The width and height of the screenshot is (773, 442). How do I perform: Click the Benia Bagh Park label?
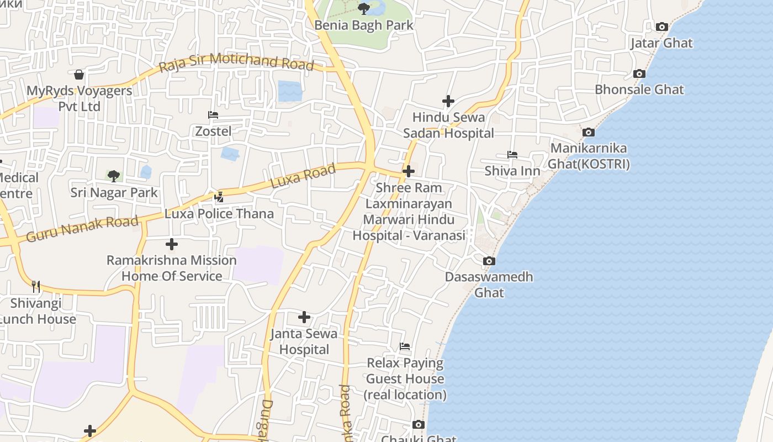click(x=364, y=25)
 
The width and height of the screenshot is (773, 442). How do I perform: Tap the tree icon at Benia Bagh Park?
click(x=364, y=8)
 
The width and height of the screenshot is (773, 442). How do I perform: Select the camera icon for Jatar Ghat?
click(x=661, y=27)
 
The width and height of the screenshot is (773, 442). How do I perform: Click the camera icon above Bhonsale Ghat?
click(x=639, y=73)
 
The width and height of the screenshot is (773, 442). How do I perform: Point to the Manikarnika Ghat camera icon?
click(x=589, y=132)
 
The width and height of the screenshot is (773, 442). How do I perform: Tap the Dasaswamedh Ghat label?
click(x=489, y=284)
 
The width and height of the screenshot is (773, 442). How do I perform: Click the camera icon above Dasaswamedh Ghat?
click(x=489, y=261)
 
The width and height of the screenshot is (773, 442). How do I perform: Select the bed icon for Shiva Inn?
click(x=512, y=155)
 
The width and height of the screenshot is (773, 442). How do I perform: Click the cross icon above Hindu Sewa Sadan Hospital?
click(x=448, y=101)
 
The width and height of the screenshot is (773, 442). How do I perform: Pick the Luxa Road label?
click(x=303, y=176)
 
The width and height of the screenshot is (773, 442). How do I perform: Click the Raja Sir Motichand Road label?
click(x=236, y=62)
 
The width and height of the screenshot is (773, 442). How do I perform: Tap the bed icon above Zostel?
click(x=213, y=115)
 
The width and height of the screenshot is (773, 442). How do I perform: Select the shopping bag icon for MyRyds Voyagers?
click(x=80, y=75)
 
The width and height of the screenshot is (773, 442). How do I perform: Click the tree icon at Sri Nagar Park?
click(x=114, y=176)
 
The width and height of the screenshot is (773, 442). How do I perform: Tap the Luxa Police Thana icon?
click(x=219, y=197)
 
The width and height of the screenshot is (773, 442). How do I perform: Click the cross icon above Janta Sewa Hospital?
click(x=304, y=317)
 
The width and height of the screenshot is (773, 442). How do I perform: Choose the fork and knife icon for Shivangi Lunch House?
click(x=36, y=286)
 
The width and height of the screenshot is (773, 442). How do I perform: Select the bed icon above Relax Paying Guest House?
click(x=405, y=346)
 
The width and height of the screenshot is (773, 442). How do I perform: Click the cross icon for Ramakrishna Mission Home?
click(x=172, y=244)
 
